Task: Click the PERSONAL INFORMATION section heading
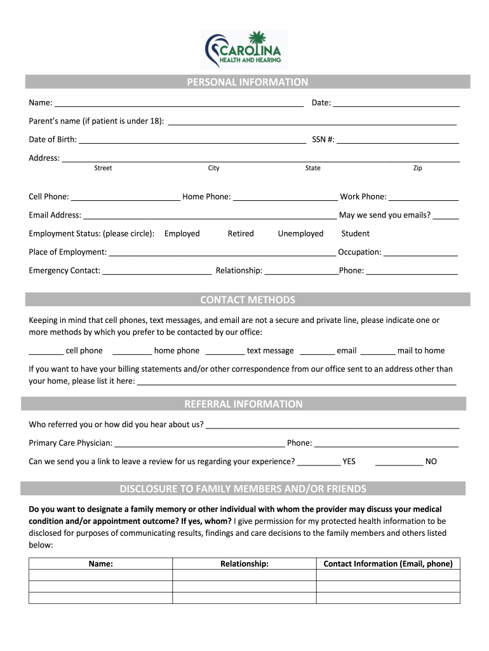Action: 248,82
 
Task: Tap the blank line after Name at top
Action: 178,104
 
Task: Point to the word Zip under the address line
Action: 417,168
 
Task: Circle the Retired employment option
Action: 241,234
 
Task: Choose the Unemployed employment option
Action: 300,234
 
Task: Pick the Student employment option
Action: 355,234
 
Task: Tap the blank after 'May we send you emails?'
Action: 446,216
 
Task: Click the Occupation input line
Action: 420,252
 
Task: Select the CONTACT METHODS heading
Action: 248,300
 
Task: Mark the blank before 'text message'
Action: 225,351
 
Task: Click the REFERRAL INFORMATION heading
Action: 244,404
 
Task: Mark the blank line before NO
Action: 399,462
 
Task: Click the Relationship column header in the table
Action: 245,564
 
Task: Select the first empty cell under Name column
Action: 101,575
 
